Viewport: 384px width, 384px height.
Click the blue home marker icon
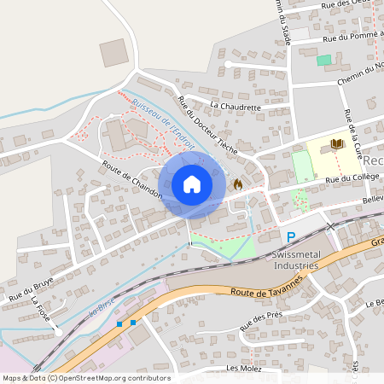(x=192, y=184)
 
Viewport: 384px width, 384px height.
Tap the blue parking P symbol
(x=290, y=237)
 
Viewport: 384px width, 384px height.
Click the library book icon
(x=336, y=145)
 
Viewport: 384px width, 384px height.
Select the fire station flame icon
(x=237, y=183)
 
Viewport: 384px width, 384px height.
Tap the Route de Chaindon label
(x=131, y=180)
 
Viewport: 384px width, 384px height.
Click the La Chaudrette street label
(x=234, y=107)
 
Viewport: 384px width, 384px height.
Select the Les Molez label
(x=243, y=368)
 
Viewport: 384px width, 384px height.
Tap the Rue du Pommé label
(x=351, y=37)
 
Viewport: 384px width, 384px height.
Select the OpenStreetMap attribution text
(x=85, y=378)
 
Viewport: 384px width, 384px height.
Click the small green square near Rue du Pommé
(x=323, y=60)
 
